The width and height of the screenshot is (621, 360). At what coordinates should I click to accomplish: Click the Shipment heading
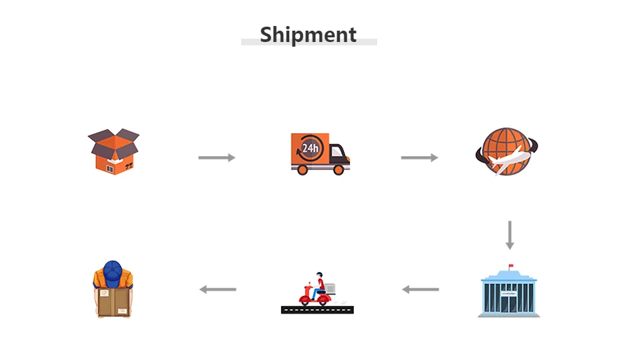309,35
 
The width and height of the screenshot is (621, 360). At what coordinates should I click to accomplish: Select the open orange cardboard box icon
114,152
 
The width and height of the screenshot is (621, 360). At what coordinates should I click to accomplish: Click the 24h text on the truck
310,147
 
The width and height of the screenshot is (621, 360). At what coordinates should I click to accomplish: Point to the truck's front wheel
338,170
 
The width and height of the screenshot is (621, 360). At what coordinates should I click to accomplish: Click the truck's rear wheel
303,170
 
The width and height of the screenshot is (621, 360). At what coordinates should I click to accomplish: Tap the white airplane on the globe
514,161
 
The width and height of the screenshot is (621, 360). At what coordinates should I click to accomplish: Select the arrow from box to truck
217,157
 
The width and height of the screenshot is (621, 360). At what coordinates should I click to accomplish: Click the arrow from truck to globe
419,157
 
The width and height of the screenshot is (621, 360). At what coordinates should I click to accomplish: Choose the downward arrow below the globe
510,235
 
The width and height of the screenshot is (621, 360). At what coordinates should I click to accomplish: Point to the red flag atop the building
512,267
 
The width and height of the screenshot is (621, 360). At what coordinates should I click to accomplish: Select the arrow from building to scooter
420,289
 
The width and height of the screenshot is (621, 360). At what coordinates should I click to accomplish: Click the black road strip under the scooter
317,309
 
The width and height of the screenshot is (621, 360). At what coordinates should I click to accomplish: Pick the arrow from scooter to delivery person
218,289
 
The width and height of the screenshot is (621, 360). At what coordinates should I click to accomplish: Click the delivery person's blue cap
113,270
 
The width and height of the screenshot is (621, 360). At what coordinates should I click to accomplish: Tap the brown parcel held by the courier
112,301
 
